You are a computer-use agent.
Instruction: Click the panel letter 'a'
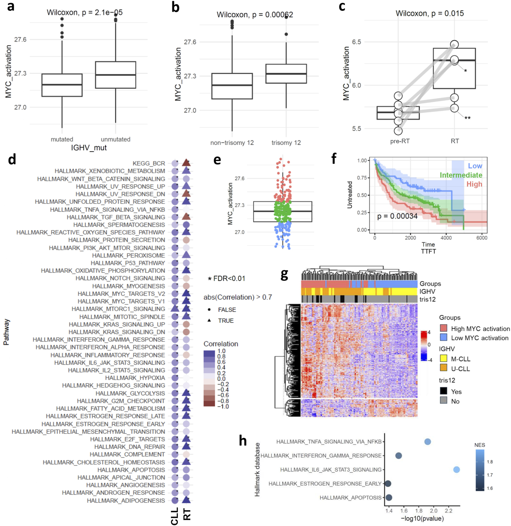pyautogui.click(x=10, y=6)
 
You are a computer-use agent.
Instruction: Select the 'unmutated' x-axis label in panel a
pyautogui.click(x=115, y=140)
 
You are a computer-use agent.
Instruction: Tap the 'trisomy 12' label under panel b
pyautogui.click(x=286, y=143)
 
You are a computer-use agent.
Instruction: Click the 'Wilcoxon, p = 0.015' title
pyautogui.click(x=429, y=13)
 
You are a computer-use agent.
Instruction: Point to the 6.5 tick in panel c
pyautogui.click(x=356, y=42)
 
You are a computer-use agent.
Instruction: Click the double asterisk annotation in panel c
pyautogui.click(x=467, y=118)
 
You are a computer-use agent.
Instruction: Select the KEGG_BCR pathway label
pyautogui.click(x=149, y=164)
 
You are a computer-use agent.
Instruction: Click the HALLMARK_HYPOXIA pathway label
pyautogui.click(x=135, y=378)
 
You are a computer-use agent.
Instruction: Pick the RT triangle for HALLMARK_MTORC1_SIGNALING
pyautogui.click(x=186, y=309)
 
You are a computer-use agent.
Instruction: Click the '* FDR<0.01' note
pyautogui.click(x=226, y=279)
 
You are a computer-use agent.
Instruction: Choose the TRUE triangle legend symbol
pyautogui.click(x=209, y=320)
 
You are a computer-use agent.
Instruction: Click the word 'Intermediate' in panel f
pyautogui.click(x=461, y=175)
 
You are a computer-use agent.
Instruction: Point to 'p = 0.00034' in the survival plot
pyautogui.click(x=397, y=216)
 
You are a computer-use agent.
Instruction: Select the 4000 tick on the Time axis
pyautogui.click(x=446, y=238)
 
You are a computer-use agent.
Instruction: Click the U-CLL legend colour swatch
pyautogui.click(x=444, y=368)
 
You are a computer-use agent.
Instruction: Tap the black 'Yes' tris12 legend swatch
pyautogui.click(x=444, y=391)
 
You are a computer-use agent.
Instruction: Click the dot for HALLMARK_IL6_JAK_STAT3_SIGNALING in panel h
pyautogui.click(x=456, y=470)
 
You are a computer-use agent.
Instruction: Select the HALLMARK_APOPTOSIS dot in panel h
pyautogui.click(x=389, y=497)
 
